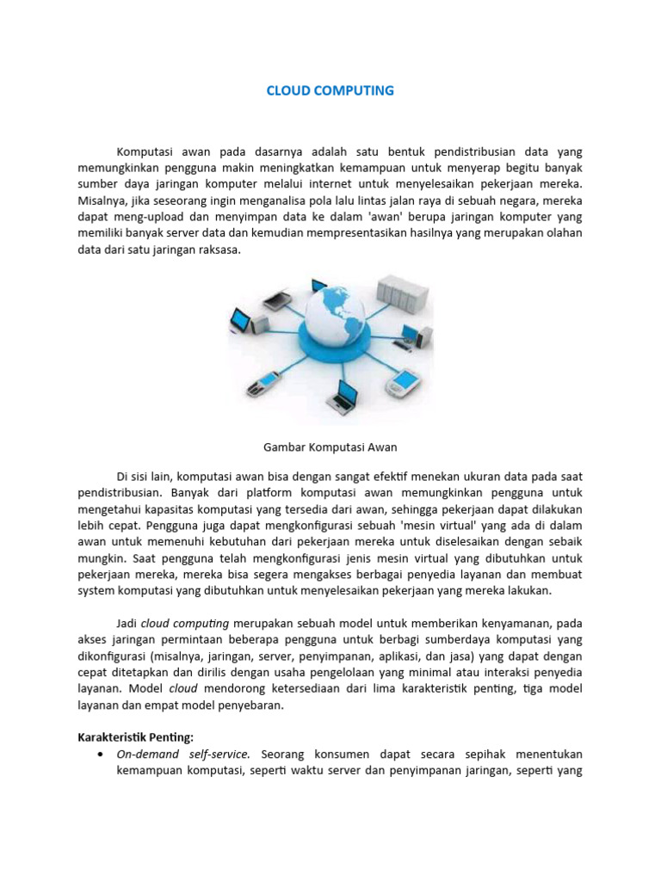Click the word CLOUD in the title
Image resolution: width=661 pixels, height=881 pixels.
[x=287, y=90]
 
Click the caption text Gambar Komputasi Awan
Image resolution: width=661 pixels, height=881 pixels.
[x=330, y=447]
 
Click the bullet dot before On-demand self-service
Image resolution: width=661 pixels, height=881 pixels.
[x=103, y=754]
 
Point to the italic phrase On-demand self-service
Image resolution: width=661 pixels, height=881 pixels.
[x=183, y=754]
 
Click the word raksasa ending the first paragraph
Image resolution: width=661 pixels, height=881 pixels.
[x=219, y=250]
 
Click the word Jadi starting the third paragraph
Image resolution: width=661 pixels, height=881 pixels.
[x=127, y=623]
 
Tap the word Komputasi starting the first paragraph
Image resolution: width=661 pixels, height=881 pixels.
[x=144, y=151]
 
